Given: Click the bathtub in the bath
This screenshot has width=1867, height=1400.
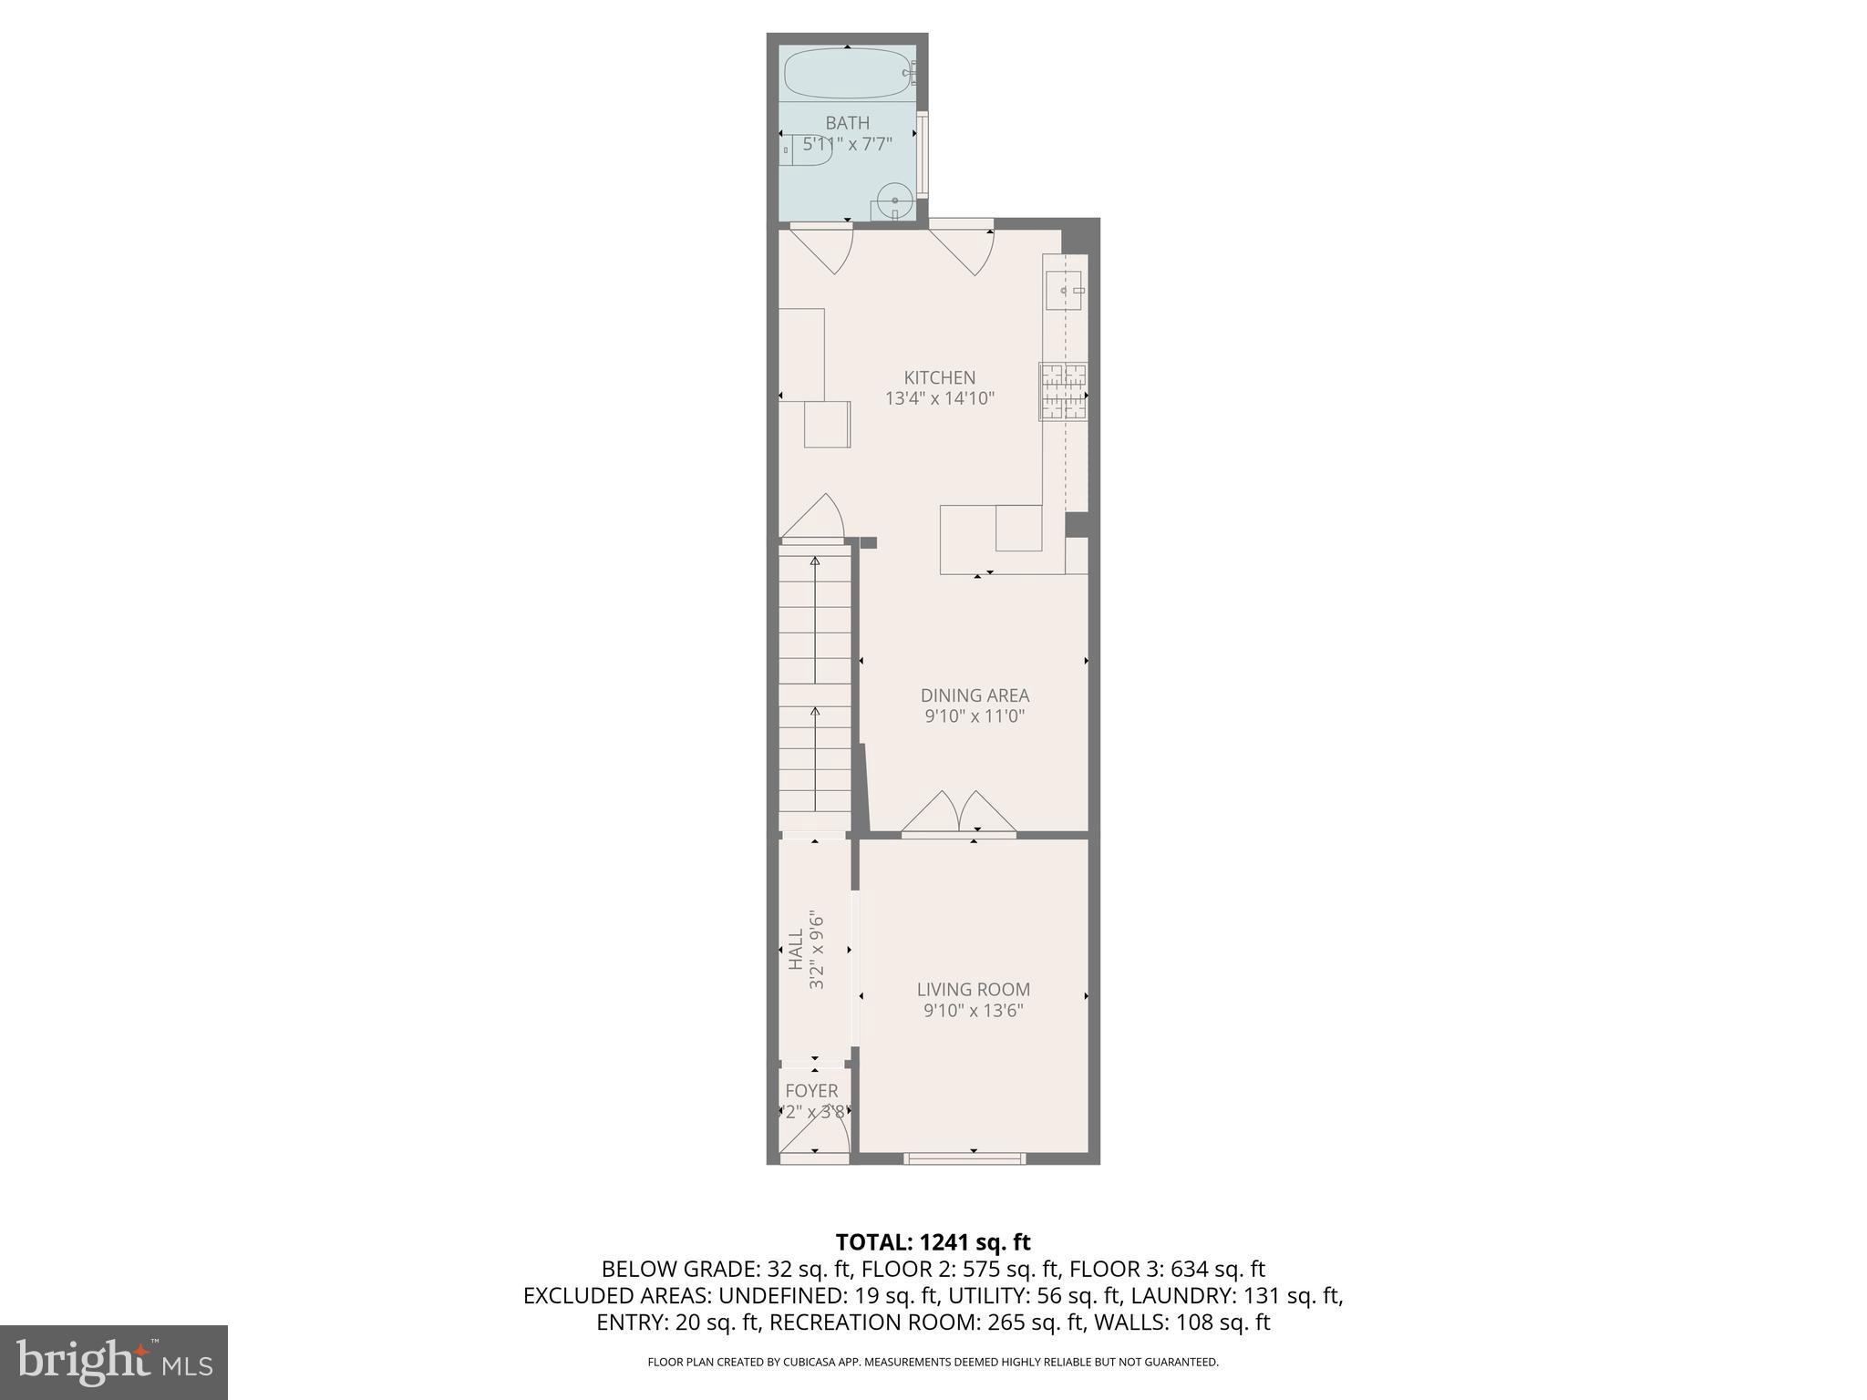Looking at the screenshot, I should pos(847,73).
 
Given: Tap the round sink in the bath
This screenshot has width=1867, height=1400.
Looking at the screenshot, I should pos(894,201).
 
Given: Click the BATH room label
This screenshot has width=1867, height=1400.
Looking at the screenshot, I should pos(847,123).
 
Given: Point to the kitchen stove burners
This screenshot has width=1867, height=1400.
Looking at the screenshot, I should pos(1064,391).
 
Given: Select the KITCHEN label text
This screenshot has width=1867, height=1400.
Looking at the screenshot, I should pos(939,377).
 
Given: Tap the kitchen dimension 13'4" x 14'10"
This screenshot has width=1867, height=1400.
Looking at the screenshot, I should pos(939,398).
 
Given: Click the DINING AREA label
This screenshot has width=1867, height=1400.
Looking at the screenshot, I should pos(975,695).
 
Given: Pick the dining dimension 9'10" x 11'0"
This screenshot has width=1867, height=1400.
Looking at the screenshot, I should pos(975,716).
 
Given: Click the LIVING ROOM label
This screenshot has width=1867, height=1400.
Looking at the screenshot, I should pos(974,989).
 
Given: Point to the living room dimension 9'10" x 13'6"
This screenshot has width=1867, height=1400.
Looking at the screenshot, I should pos(974,1010).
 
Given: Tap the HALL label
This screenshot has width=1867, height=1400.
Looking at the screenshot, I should pos(796,950).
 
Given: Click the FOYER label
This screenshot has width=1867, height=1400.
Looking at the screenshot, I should pos(811,1091).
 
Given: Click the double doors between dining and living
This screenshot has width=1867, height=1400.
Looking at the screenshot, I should pos(958,814).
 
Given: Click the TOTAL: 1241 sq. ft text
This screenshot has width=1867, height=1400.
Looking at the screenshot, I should pos(933,1242).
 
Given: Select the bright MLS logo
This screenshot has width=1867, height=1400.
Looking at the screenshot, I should pos(113,1362).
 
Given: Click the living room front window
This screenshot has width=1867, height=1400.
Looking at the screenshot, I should pos(964,1158).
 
